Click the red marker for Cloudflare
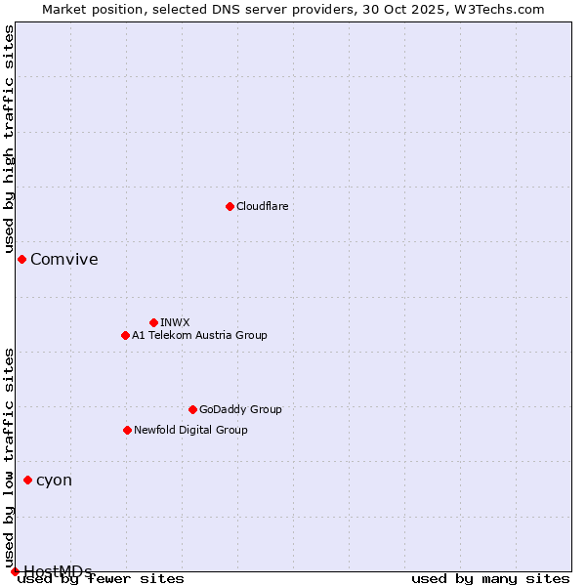(x=230, y=206)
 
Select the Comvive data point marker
(x=21, y=259)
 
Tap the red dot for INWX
(x=153, y=322)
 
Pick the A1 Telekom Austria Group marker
(x=125, y=335)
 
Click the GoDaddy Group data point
(x=192, y=409)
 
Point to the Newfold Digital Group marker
(x=127, y=430)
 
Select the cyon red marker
(x=27, y=480)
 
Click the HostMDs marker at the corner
(x=15, y=571)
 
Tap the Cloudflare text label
(x=262, y=206)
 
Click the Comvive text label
(x=64, y=259)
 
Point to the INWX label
(x=175, y=322)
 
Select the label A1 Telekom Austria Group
(x=199, y=335)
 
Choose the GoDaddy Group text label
(x=240, y=409)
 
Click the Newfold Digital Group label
(x=190, y=430)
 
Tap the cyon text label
(x=54, y=480)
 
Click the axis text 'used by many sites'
(x=490, y=578)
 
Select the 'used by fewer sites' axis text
(x=102, y=578)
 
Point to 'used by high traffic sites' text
(x=10, y=140)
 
